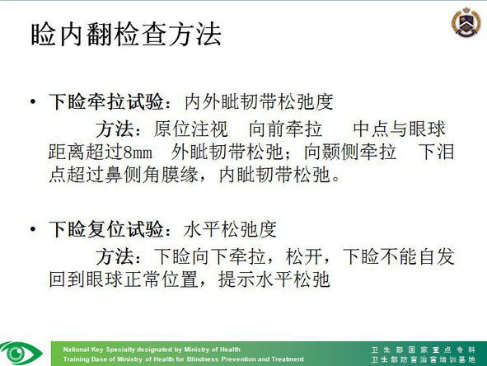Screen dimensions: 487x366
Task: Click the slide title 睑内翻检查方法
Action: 126,34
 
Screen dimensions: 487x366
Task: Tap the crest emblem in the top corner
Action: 466,22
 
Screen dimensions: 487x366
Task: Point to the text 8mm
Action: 138,152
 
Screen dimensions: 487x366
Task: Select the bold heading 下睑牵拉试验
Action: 106,101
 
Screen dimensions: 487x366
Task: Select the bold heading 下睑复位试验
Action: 106,229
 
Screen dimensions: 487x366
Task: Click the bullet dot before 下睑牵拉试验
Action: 33,101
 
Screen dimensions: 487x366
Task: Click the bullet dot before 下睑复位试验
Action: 33,229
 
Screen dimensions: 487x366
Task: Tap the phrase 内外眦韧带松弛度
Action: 259,101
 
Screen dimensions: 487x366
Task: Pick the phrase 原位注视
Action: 190,129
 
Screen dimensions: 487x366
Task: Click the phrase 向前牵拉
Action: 285,129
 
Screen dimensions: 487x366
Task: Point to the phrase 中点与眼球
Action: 399,129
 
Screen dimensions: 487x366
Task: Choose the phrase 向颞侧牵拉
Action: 350,152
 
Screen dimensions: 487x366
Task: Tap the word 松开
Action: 304,256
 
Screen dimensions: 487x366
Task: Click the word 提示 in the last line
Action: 236,279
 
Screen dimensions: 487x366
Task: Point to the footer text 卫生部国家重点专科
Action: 423,350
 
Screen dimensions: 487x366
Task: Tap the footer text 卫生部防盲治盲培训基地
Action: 423,359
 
